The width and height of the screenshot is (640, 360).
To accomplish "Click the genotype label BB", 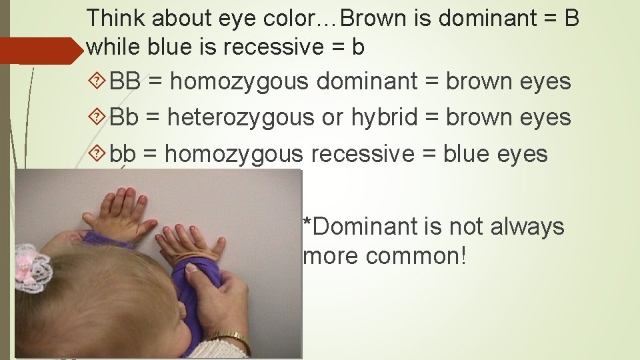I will tap(125, 82).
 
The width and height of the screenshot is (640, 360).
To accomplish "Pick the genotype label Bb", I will tap(124, 118).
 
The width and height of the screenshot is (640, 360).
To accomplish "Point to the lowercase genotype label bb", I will tap(123, 154).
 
